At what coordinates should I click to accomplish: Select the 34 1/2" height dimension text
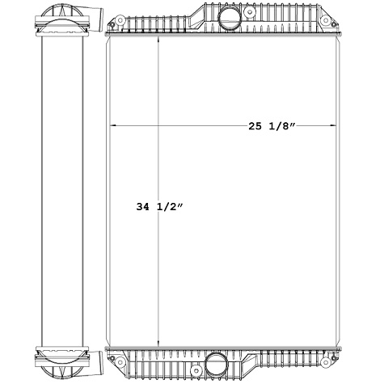(x=161, y=207)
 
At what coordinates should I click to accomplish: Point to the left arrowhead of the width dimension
(x=112, y=126)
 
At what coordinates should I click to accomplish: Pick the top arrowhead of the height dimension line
(x=160, y=40)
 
